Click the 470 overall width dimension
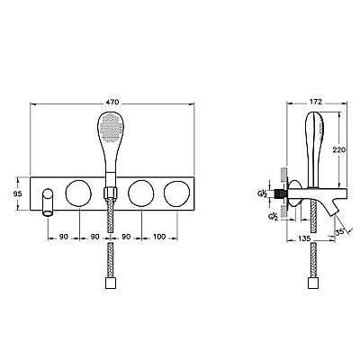[x=112, y=102]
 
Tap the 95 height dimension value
[x=18, y=193]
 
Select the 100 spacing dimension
[x=159, y=237]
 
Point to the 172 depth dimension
[x=315, y=102]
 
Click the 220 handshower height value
[x=339, y=149]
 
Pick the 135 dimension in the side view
[x=304, y=238]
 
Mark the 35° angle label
[x=339, y=232]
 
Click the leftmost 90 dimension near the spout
[x=63, y=237]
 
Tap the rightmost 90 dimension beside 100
[x=126, y=237]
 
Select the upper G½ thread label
[x=262, y=193]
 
